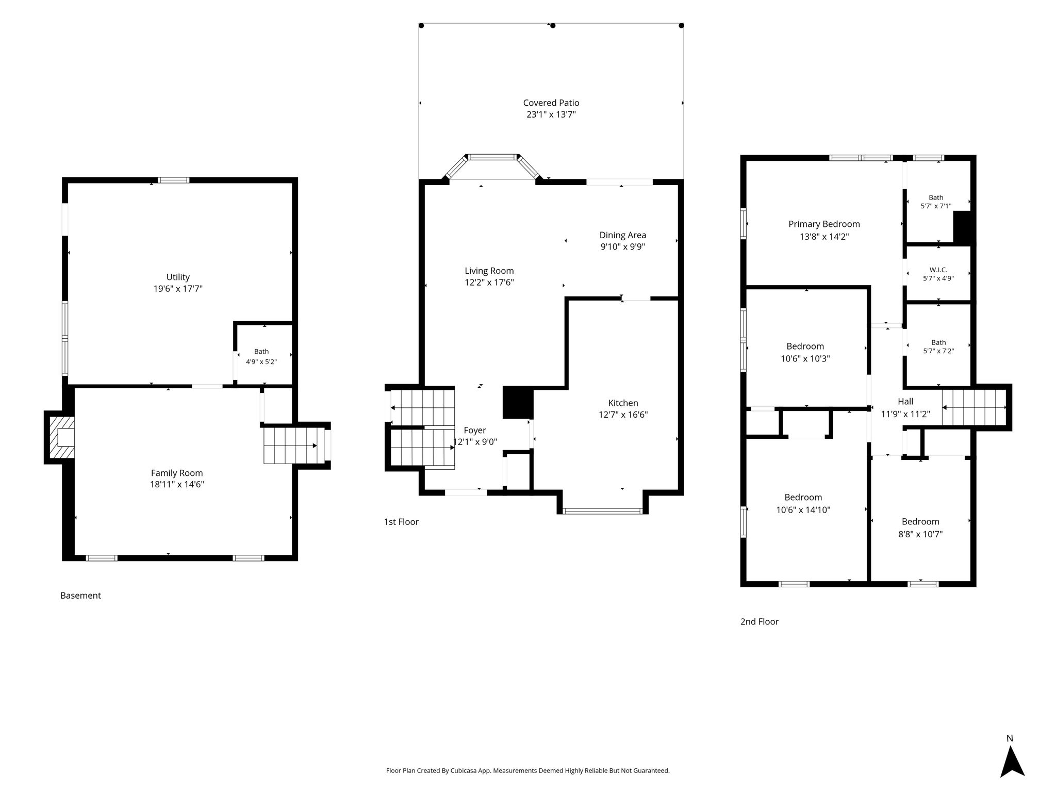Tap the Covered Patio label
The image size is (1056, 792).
[551, 103]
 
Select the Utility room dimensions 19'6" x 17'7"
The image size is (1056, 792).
[178, 289]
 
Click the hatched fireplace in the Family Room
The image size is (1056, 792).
[60, 437]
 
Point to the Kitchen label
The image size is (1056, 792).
[623, 403]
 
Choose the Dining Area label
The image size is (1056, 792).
[622, 235]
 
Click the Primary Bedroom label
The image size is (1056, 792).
[824, 224]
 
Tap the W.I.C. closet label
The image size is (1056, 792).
[938, 270]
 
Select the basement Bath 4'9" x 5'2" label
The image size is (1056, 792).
[261, 357]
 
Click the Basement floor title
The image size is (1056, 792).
[80, 596]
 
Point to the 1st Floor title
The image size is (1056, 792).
[401, 522]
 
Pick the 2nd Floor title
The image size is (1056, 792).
[759, 622]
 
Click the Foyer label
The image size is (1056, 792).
[474, 430]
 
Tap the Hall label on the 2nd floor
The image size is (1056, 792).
[905, 401]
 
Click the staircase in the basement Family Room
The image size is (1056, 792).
[291, 445]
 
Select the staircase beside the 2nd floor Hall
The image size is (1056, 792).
[974, 407]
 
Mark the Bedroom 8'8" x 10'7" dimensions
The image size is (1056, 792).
[920, 534]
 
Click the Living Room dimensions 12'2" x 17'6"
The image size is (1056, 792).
[489, 283]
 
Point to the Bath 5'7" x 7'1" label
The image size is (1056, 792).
[936, 202]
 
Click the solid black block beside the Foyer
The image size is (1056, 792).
[517, 402]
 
